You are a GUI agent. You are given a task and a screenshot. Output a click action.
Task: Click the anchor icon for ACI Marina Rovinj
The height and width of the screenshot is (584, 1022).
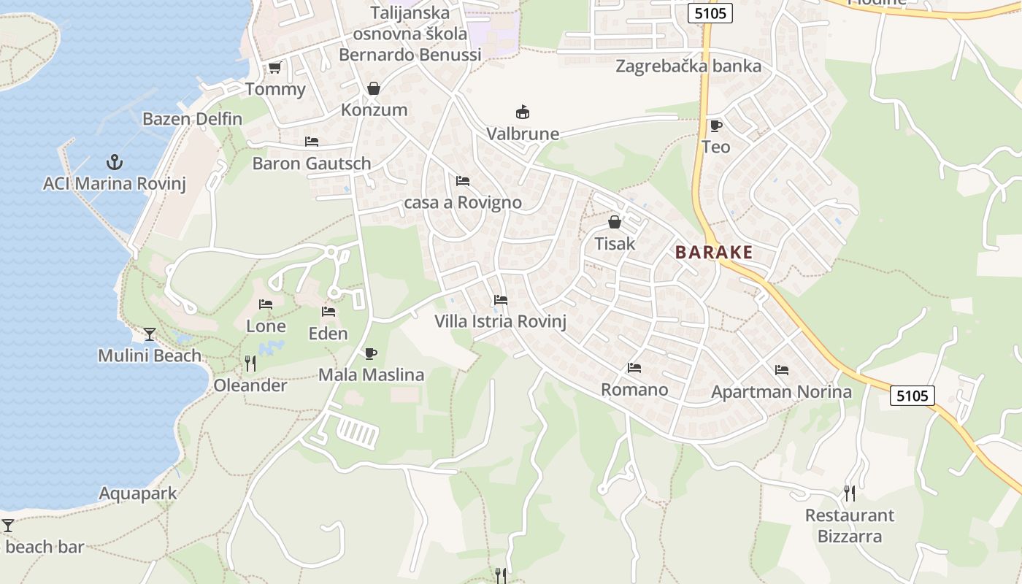pyautogui.click(x=114, y=161)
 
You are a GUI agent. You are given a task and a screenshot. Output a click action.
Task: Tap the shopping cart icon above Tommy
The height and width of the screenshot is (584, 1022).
pyautogui.click(x=274, y=68)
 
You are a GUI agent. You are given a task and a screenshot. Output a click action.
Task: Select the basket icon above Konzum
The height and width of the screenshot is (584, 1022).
pyautogui.click(x=374, y=88)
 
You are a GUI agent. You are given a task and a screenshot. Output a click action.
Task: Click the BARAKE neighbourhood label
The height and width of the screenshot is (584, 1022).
pyautogui.click(x=714, y=253)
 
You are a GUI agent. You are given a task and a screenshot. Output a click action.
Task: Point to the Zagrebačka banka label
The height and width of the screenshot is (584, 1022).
pyautogui.click(x=688, y=66)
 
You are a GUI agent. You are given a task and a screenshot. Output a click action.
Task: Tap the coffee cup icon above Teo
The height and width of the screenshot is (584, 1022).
pyautogui.click(x=715, y=126)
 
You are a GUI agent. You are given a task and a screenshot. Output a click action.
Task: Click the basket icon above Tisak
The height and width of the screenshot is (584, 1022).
pyautogui.click(x=615, y=222)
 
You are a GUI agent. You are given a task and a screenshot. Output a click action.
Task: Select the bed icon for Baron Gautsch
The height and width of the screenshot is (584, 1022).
pyautogui.click(x=312, y=142)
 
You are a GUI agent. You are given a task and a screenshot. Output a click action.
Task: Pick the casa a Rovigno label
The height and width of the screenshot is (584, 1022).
pyautogui.click(x=463, y=202)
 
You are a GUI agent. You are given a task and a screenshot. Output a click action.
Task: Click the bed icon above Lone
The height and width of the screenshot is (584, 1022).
pyautogui.click(x=266, y=304)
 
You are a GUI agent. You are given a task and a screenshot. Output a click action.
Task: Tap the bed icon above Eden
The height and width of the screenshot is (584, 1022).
pyautogui.click(x=328, y=312)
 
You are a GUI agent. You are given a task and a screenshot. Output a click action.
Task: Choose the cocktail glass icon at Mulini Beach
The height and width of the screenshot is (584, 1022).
pyautogui.click(x=150, y=334)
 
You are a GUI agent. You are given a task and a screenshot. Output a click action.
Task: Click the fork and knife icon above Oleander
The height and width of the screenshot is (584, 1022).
pyautogui.click(x=250, y=363)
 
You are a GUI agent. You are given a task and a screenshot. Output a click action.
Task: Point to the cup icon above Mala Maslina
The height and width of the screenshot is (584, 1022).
pyautogui.click(x=371, y=354)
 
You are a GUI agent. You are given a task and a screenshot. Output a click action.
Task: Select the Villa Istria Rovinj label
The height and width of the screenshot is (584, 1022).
pyautogui.click(x=500, y=321)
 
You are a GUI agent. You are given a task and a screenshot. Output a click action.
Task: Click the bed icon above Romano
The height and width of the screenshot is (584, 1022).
pyautogui.click(x=634, y=368)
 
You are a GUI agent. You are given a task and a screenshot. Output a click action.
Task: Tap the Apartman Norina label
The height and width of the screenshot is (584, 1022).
pyautogui.click(x=781, y=392)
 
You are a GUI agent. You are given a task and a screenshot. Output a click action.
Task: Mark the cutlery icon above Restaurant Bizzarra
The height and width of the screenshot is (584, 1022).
pyautogui.click(x=850, y=493)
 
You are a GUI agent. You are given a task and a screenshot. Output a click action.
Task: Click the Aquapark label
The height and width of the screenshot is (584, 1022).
pyautogui.click(x=138, y=493)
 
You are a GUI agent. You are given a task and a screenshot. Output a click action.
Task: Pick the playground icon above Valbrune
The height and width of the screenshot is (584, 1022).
pyautogui.click(x=523, y=112)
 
